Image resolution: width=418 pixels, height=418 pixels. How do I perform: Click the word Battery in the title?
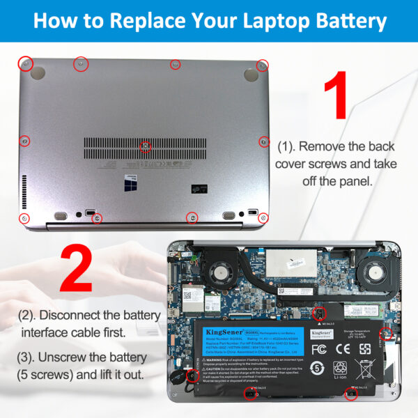coord(343,20)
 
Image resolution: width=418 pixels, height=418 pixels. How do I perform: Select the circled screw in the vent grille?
coord(146,146)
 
